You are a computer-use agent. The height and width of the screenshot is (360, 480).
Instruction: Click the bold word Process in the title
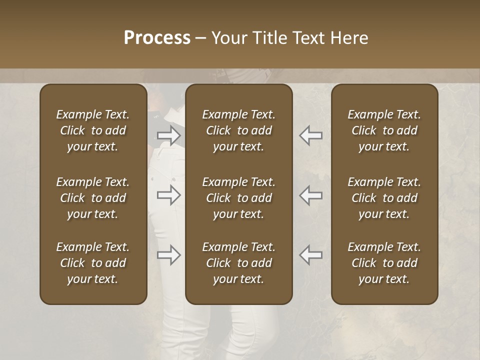(x=157, y=38)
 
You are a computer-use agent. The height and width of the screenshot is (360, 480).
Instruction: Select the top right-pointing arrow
(x=168, y=135)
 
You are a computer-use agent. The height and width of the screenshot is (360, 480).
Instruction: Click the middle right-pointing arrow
(x=168, y=195)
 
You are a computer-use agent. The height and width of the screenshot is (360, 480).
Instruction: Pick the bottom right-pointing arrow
(x=168, y=255)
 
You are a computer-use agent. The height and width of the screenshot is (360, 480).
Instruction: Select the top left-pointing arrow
(x=311, y=135)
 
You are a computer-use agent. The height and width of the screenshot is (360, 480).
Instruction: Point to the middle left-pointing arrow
(x=311, y=195)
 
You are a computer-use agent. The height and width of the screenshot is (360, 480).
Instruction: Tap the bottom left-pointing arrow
(x=311, y=255)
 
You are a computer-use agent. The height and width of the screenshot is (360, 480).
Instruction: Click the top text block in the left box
(x=93, y=130)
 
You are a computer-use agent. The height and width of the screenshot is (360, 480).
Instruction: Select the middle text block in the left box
(x=93, y=198)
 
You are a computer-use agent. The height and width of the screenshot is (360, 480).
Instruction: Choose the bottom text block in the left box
(x=93, y=263)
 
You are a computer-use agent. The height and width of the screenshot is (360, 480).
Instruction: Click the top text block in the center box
(x=239, y=130)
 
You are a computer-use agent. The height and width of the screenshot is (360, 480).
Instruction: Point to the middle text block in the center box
(x=239, y=198)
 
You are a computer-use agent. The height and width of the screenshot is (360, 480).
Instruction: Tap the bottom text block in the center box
(x=239, y=263)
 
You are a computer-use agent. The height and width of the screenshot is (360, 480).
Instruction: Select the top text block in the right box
(x=384, y=130)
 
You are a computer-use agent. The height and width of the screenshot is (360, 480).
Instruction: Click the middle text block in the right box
(x=384, y=198)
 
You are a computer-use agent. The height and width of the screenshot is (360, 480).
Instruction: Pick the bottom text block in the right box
(x=384, y=263)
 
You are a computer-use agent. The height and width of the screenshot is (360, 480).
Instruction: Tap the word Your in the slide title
(x=228, y=38)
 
